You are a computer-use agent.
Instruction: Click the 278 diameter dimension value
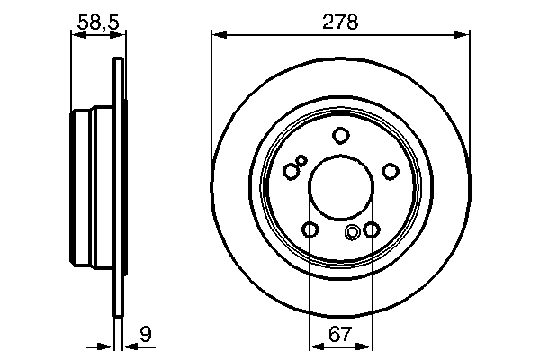tap(340, 22)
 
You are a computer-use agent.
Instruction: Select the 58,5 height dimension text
tap(95, 22)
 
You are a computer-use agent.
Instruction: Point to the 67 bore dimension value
tap(340, 335)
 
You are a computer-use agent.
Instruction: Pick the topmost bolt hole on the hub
tap(340, 136)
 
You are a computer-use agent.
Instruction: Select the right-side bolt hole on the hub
tap(390, 171)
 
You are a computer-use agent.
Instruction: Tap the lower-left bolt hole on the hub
tap(310, 230)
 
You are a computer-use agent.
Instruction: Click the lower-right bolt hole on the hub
tap(371, 230)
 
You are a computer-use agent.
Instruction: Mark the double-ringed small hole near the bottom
tap(353, 234)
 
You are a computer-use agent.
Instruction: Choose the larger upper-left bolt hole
tap(291, 171)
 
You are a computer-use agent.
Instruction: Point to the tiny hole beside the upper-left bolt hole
tap(301, 160)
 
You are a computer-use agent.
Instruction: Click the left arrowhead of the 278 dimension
tap(217, 36)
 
